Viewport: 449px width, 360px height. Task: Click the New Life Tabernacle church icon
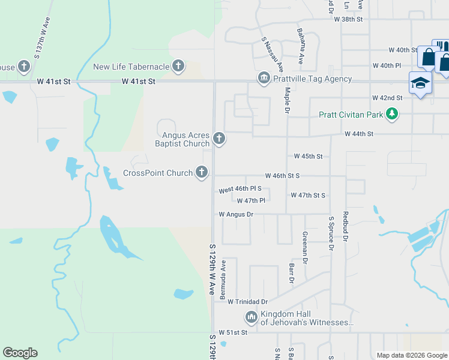(x=178, y=66)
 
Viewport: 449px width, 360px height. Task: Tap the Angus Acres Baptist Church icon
(x=219, y=139)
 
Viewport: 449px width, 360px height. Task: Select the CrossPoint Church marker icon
(x=202, y=173)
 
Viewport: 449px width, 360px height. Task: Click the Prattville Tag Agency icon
(x=264, y=79)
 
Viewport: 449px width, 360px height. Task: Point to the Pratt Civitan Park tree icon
(x=392, y=113)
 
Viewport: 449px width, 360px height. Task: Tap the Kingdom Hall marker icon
(x=252, y=316)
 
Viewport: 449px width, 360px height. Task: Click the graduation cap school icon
(x=420, y=83)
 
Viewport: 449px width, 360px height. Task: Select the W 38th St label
(x=349, y=19)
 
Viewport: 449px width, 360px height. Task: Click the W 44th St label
(x=359, y=134)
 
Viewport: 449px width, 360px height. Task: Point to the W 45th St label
(x=308, y=156)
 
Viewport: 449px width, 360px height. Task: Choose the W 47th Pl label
(x=251, y=201)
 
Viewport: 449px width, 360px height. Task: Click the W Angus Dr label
(x=236, y=214)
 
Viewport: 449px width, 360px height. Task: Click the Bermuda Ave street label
(x=223, y=280)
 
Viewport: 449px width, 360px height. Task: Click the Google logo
(x=20, y=353)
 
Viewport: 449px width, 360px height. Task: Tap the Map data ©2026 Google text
(x=412, y=355)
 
